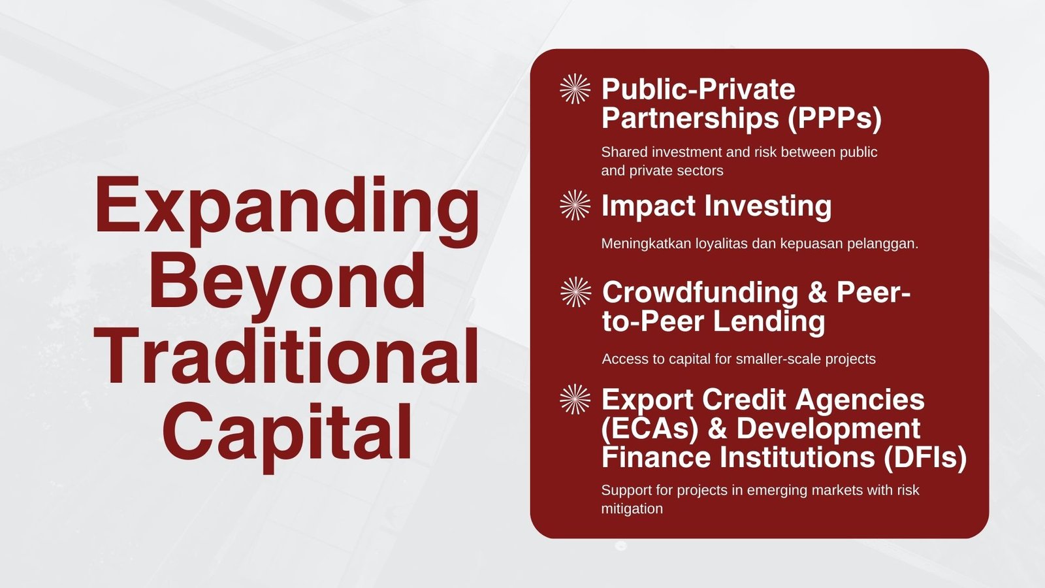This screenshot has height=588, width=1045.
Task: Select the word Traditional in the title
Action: point(287,357)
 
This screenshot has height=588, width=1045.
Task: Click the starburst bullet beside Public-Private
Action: point(575,90)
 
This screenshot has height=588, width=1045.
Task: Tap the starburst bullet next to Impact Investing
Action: point(575,205)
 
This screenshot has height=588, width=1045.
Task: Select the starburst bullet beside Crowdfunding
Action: point(575,292)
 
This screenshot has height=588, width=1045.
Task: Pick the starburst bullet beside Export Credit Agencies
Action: point(575,399)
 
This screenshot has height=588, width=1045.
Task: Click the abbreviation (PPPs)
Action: point(834,118)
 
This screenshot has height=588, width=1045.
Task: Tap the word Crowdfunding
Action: point(700,292)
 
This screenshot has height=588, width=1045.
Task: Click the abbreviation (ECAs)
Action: point(650,429)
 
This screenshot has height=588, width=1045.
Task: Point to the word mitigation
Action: point(632,508)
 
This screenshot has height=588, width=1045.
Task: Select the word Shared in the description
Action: point(624,152)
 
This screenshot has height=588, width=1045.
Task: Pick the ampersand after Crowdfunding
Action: point(817,292)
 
